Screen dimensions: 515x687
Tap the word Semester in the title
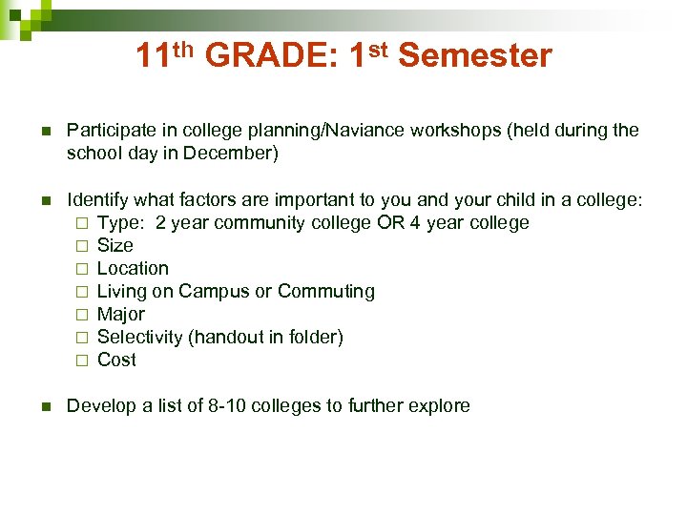474,56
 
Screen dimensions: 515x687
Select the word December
233,153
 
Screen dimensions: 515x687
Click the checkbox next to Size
82,246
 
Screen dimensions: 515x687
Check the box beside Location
82,269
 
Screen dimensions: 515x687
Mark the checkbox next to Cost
82,360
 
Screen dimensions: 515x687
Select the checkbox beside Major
82,315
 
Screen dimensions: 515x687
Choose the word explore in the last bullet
439,406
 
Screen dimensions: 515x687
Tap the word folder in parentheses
313,337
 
